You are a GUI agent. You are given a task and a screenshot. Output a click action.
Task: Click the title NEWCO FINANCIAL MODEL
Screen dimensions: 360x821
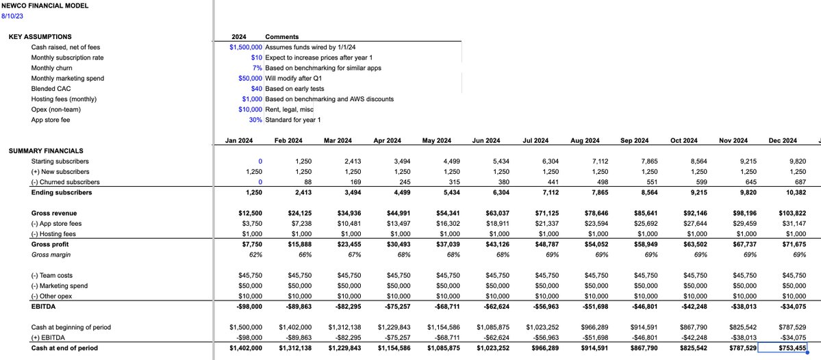point(45,5)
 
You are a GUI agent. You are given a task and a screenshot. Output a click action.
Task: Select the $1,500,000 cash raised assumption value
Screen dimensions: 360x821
point(246,47)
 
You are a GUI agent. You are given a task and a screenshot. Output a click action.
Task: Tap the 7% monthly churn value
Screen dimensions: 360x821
point(257,68)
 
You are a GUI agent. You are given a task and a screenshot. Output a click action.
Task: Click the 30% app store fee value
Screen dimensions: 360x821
point(256,119)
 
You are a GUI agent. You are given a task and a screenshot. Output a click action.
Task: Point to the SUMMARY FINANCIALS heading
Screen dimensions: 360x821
point(46,151)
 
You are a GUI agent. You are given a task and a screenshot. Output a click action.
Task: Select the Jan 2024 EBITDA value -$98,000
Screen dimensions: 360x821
point(247,307)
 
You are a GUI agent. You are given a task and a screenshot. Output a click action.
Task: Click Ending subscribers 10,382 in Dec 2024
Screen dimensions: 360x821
point(785,192)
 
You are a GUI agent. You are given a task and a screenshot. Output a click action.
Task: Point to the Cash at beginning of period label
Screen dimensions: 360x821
point(71,327)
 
